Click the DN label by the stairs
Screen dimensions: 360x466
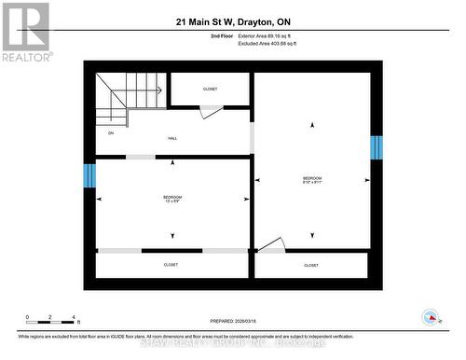pos(111,133)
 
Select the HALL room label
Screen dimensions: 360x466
pos(172,138)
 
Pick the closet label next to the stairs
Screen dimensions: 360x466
pos(210,89)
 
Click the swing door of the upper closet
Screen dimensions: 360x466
pos(211,111)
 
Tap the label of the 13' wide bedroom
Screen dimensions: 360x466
pos(172,199)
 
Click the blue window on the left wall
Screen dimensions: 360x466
pos(89,175)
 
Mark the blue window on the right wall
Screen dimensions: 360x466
pos(377,147)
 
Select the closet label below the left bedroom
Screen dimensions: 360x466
pos(171,265)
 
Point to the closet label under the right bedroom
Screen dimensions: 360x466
pos(311,265)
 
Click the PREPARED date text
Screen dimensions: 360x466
pos(233,321)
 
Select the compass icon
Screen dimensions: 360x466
pos(431,318)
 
